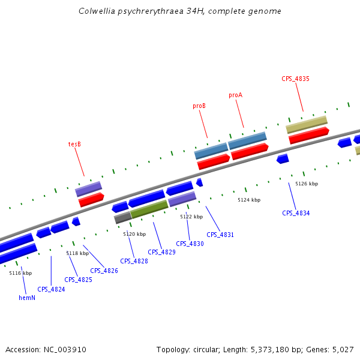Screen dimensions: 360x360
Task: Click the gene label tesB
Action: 74,144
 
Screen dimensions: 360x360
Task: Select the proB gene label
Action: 199,106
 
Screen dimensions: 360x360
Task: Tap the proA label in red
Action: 235,95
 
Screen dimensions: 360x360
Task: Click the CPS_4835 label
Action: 295,79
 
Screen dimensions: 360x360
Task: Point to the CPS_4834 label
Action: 296,213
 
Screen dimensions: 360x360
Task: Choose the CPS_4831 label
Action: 220,235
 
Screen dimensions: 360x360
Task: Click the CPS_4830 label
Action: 190,244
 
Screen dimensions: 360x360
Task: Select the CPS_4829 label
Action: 161,252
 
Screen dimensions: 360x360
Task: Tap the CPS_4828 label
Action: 134,261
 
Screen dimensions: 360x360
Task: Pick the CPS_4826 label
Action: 104,271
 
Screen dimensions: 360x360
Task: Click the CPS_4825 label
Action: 78,280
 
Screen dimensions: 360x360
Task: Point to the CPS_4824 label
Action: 51,289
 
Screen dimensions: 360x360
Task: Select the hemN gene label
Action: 27,298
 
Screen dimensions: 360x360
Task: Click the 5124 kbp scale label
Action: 249,200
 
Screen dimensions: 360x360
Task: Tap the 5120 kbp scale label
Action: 134,234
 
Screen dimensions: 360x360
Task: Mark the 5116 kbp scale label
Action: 20,273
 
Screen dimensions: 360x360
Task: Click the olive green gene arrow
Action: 149,208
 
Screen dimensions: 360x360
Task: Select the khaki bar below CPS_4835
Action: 307,124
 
